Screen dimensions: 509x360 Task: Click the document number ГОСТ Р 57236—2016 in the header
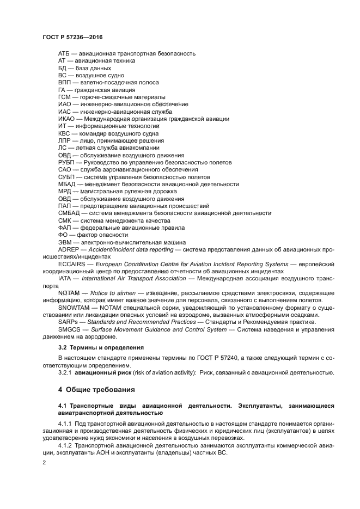tap(72, 36)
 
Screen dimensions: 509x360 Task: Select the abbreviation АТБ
tap(64, 53)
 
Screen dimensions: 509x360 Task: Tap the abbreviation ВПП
tap(65, 82)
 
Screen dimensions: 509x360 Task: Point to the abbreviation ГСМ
tap(65, 97)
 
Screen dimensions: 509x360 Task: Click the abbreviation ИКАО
tap(68, 119)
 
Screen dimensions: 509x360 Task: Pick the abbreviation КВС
tap(65, 133)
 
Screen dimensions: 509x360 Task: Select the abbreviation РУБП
tap(66, 162)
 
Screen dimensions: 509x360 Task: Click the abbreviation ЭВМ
tap(65, 242)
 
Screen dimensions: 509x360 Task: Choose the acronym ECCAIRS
tap(74, 264)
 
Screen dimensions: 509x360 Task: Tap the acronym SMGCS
tap(70, 329)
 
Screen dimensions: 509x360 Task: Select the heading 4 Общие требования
tap(96, 389)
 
